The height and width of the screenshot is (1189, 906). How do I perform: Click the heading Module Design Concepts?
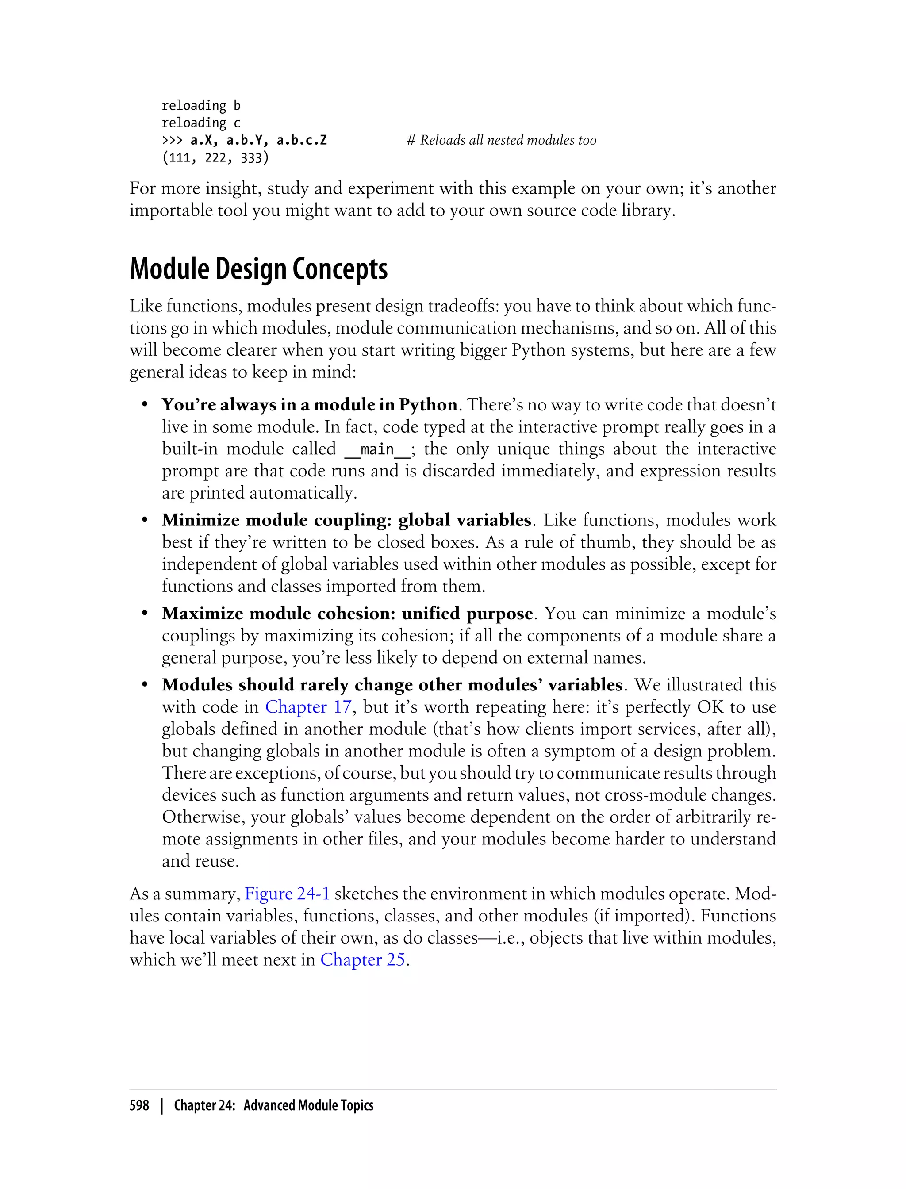pyautogui.click(x=258, y=268)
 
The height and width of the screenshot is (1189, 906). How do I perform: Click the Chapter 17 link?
pyautogui.click(x=308, y=706)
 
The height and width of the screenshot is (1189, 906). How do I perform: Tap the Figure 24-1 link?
pyautogui.click(x=287, y=894)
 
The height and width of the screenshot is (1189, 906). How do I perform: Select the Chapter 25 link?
pyautogui.click(x=362, y=959)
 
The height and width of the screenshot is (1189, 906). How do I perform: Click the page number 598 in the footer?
pyautogui.click(x=139, y=1105)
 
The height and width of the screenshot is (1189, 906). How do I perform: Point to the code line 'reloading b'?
pyautogui.click(x=200, y=106)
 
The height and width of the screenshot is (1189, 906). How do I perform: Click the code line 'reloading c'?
pyautogui.click(x=200, y=123)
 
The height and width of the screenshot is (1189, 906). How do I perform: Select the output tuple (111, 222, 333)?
pyautogui.click(x=215, y=158)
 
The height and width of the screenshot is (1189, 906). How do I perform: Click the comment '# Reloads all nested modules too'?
pyautogui.click(x=501, y=140)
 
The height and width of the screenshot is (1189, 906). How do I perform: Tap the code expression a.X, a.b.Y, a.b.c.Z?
pyautogui.click(x=258, y=140)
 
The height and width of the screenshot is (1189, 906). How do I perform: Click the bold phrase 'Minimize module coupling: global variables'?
pyautogui.click(x=346, y=520)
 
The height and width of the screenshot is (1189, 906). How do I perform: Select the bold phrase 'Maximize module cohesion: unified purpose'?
pyautogui.click(x=347, y=614)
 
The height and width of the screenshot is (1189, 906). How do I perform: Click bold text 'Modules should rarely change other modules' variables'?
pyautogui.click(x=392, y=685)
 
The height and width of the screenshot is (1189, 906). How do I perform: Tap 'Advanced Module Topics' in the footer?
pyautogui.click(x=308, y=1105)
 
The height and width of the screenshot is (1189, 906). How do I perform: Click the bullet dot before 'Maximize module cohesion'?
pyautogui.click(x=145, y=614)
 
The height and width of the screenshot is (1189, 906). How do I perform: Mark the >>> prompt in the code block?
pyautogui.click(x=172, y=140)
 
